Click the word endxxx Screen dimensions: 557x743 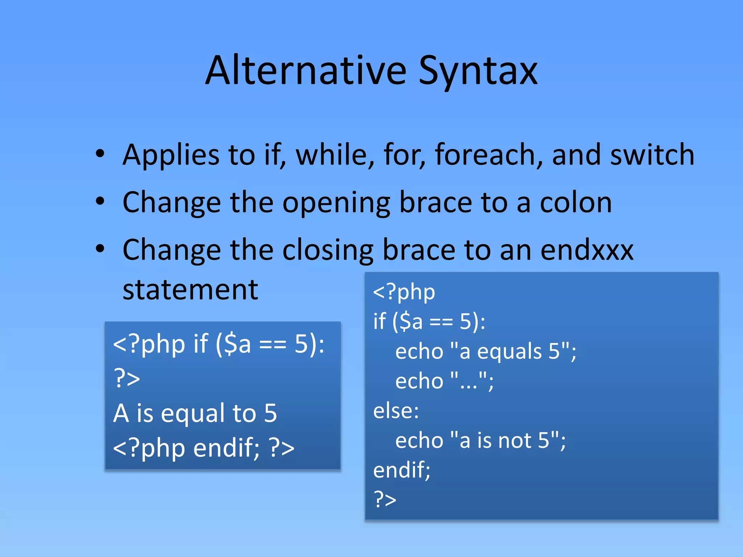587,250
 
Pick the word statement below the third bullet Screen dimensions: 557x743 190,290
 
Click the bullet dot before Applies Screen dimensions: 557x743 100,154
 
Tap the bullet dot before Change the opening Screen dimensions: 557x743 100,201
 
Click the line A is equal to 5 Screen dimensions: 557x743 195,413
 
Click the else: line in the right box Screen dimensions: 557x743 396,411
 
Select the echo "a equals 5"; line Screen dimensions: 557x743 485,351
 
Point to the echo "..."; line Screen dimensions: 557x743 444,381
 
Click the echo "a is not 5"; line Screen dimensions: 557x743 480,441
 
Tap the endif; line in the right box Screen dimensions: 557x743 402,470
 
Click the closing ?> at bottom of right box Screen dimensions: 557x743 385,499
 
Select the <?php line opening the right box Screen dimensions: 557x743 404,292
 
